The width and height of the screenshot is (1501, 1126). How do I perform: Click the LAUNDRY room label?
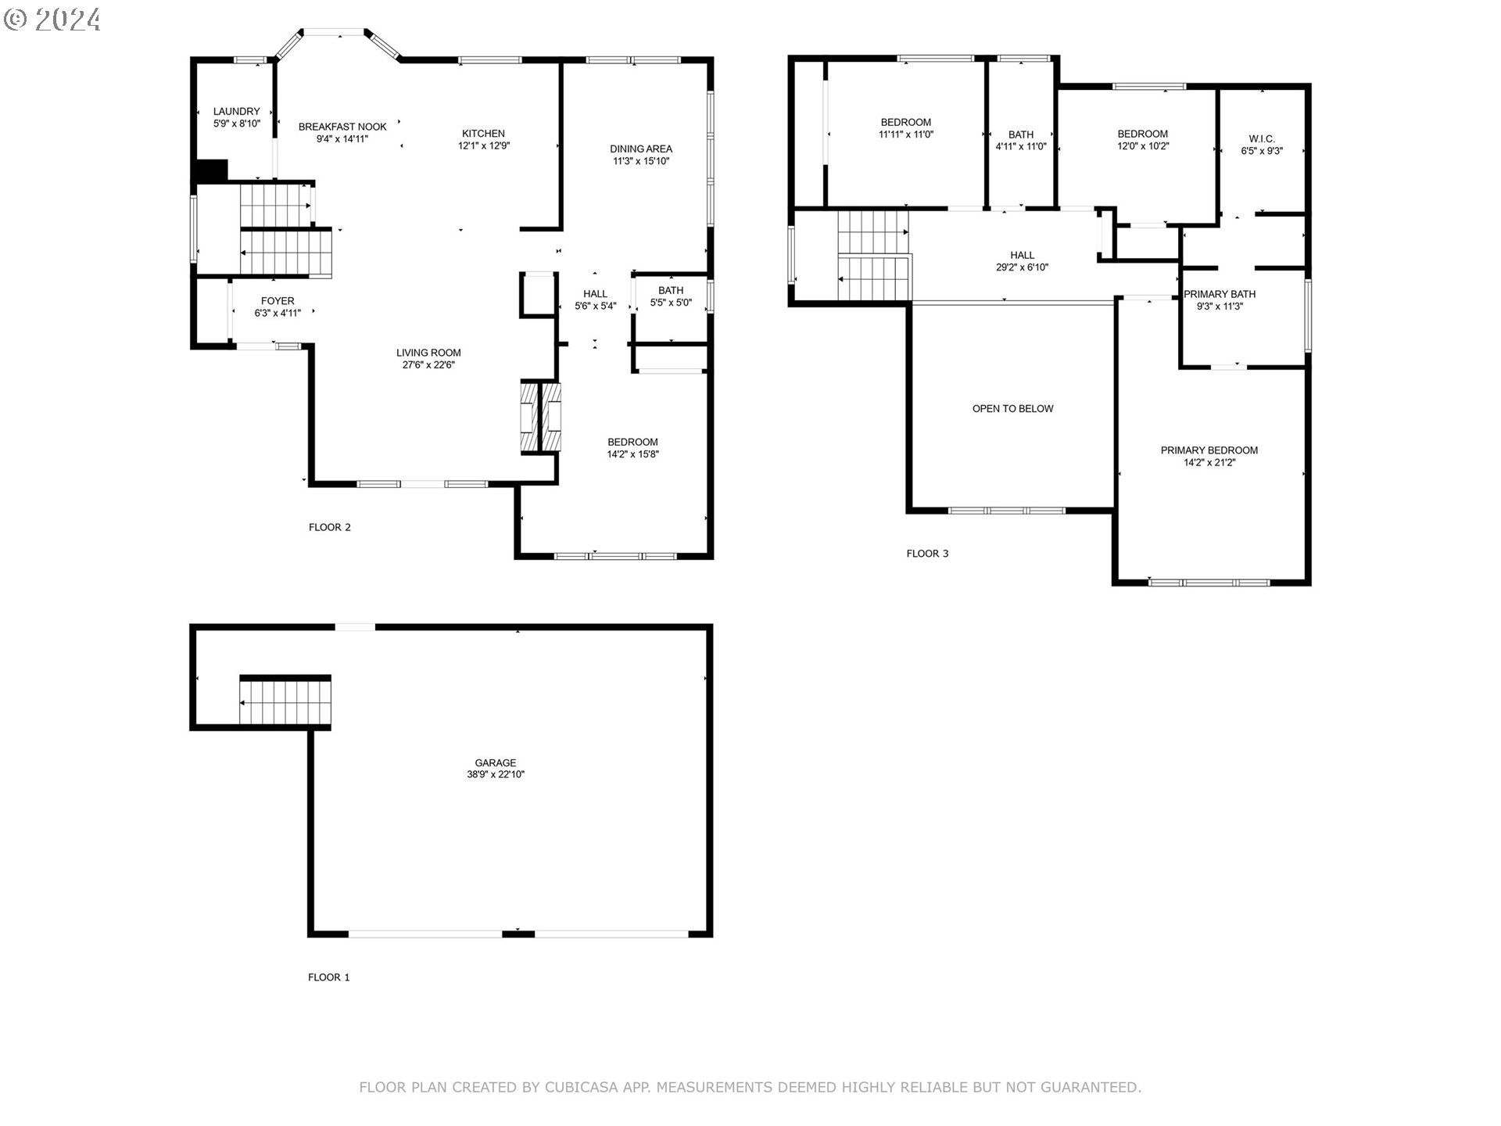[236, 112]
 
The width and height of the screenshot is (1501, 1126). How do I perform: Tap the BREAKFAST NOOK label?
[342, 127]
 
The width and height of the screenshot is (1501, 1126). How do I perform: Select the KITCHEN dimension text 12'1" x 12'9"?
[484, 145]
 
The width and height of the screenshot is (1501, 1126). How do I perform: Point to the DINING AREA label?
[641, 149]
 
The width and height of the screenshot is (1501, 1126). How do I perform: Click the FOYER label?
[278, 301]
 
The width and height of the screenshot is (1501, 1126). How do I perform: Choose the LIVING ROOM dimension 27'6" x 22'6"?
[428, 364]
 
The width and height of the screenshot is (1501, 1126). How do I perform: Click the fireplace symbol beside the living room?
[541, 417]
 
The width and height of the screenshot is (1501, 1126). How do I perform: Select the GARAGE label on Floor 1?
[496, 762]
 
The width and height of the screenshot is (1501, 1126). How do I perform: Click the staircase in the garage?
[285, 701]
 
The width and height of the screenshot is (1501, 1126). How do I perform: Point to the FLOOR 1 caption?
[329, 977]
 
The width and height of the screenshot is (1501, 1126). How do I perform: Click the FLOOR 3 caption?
[927, 554]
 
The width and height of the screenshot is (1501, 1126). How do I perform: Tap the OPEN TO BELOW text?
[1012, 409]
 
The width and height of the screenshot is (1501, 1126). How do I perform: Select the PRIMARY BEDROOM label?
[1209, 450]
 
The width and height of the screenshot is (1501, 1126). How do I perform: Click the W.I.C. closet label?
[1261, 139]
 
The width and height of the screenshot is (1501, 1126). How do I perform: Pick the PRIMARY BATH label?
[1220, 294]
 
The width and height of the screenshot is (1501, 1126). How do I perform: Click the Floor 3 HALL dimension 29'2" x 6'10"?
[1022, 267]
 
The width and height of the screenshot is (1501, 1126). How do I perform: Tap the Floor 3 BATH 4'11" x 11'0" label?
[1020, 134]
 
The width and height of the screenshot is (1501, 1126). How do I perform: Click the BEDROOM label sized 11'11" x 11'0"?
[905, 122]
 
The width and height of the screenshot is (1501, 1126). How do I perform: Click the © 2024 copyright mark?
[52, 19]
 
